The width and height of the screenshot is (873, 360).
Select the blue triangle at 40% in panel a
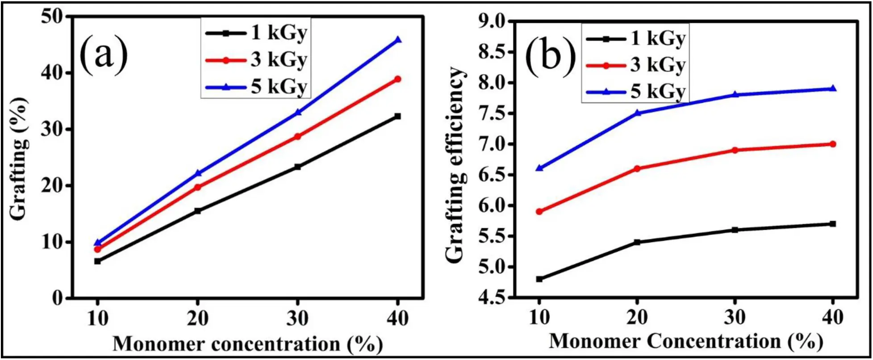(398, 40)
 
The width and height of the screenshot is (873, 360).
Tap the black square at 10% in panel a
(97, 261)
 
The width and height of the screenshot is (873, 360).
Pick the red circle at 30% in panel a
(297, 137)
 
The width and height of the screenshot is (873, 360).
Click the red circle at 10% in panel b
(539, 212)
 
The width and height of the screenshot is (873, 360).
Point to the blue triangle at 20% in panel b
(637, 113)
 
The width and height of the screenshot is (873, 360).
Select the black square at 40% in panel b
(832, 224)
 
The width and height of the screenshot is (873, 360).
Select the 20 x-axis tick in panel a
(197, 319)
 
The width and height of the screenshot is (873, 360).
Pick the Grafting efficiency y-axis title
(455, 165)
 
